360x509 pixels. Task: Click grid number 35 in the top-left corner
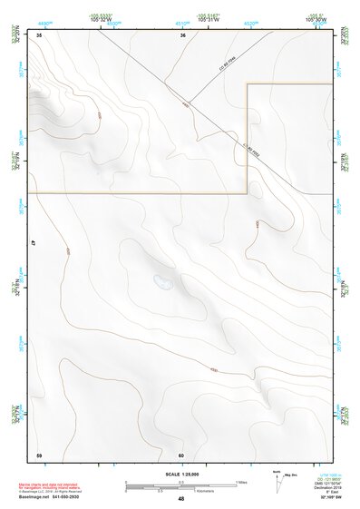coord(40,34)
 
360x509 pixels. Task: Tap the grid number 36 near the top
coord(182,34)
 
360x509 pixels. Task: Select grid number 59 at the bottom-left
coord(39,454)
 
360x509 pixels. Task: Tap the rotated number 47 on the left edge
coord(33,243)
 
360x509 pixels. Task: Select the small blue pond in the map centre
coord(162,281)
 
